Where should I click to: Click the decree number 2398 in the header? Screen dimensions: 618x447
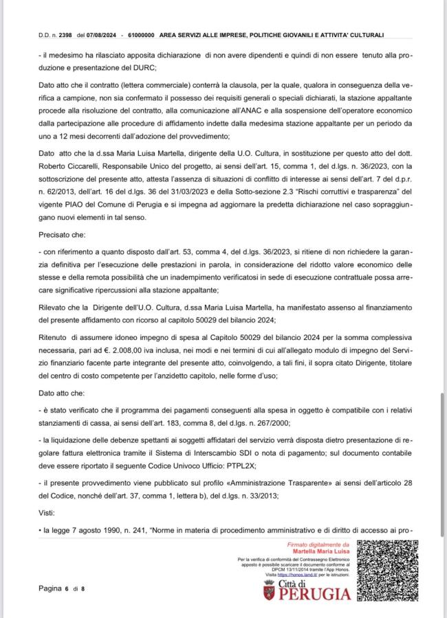click(67, 34)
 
